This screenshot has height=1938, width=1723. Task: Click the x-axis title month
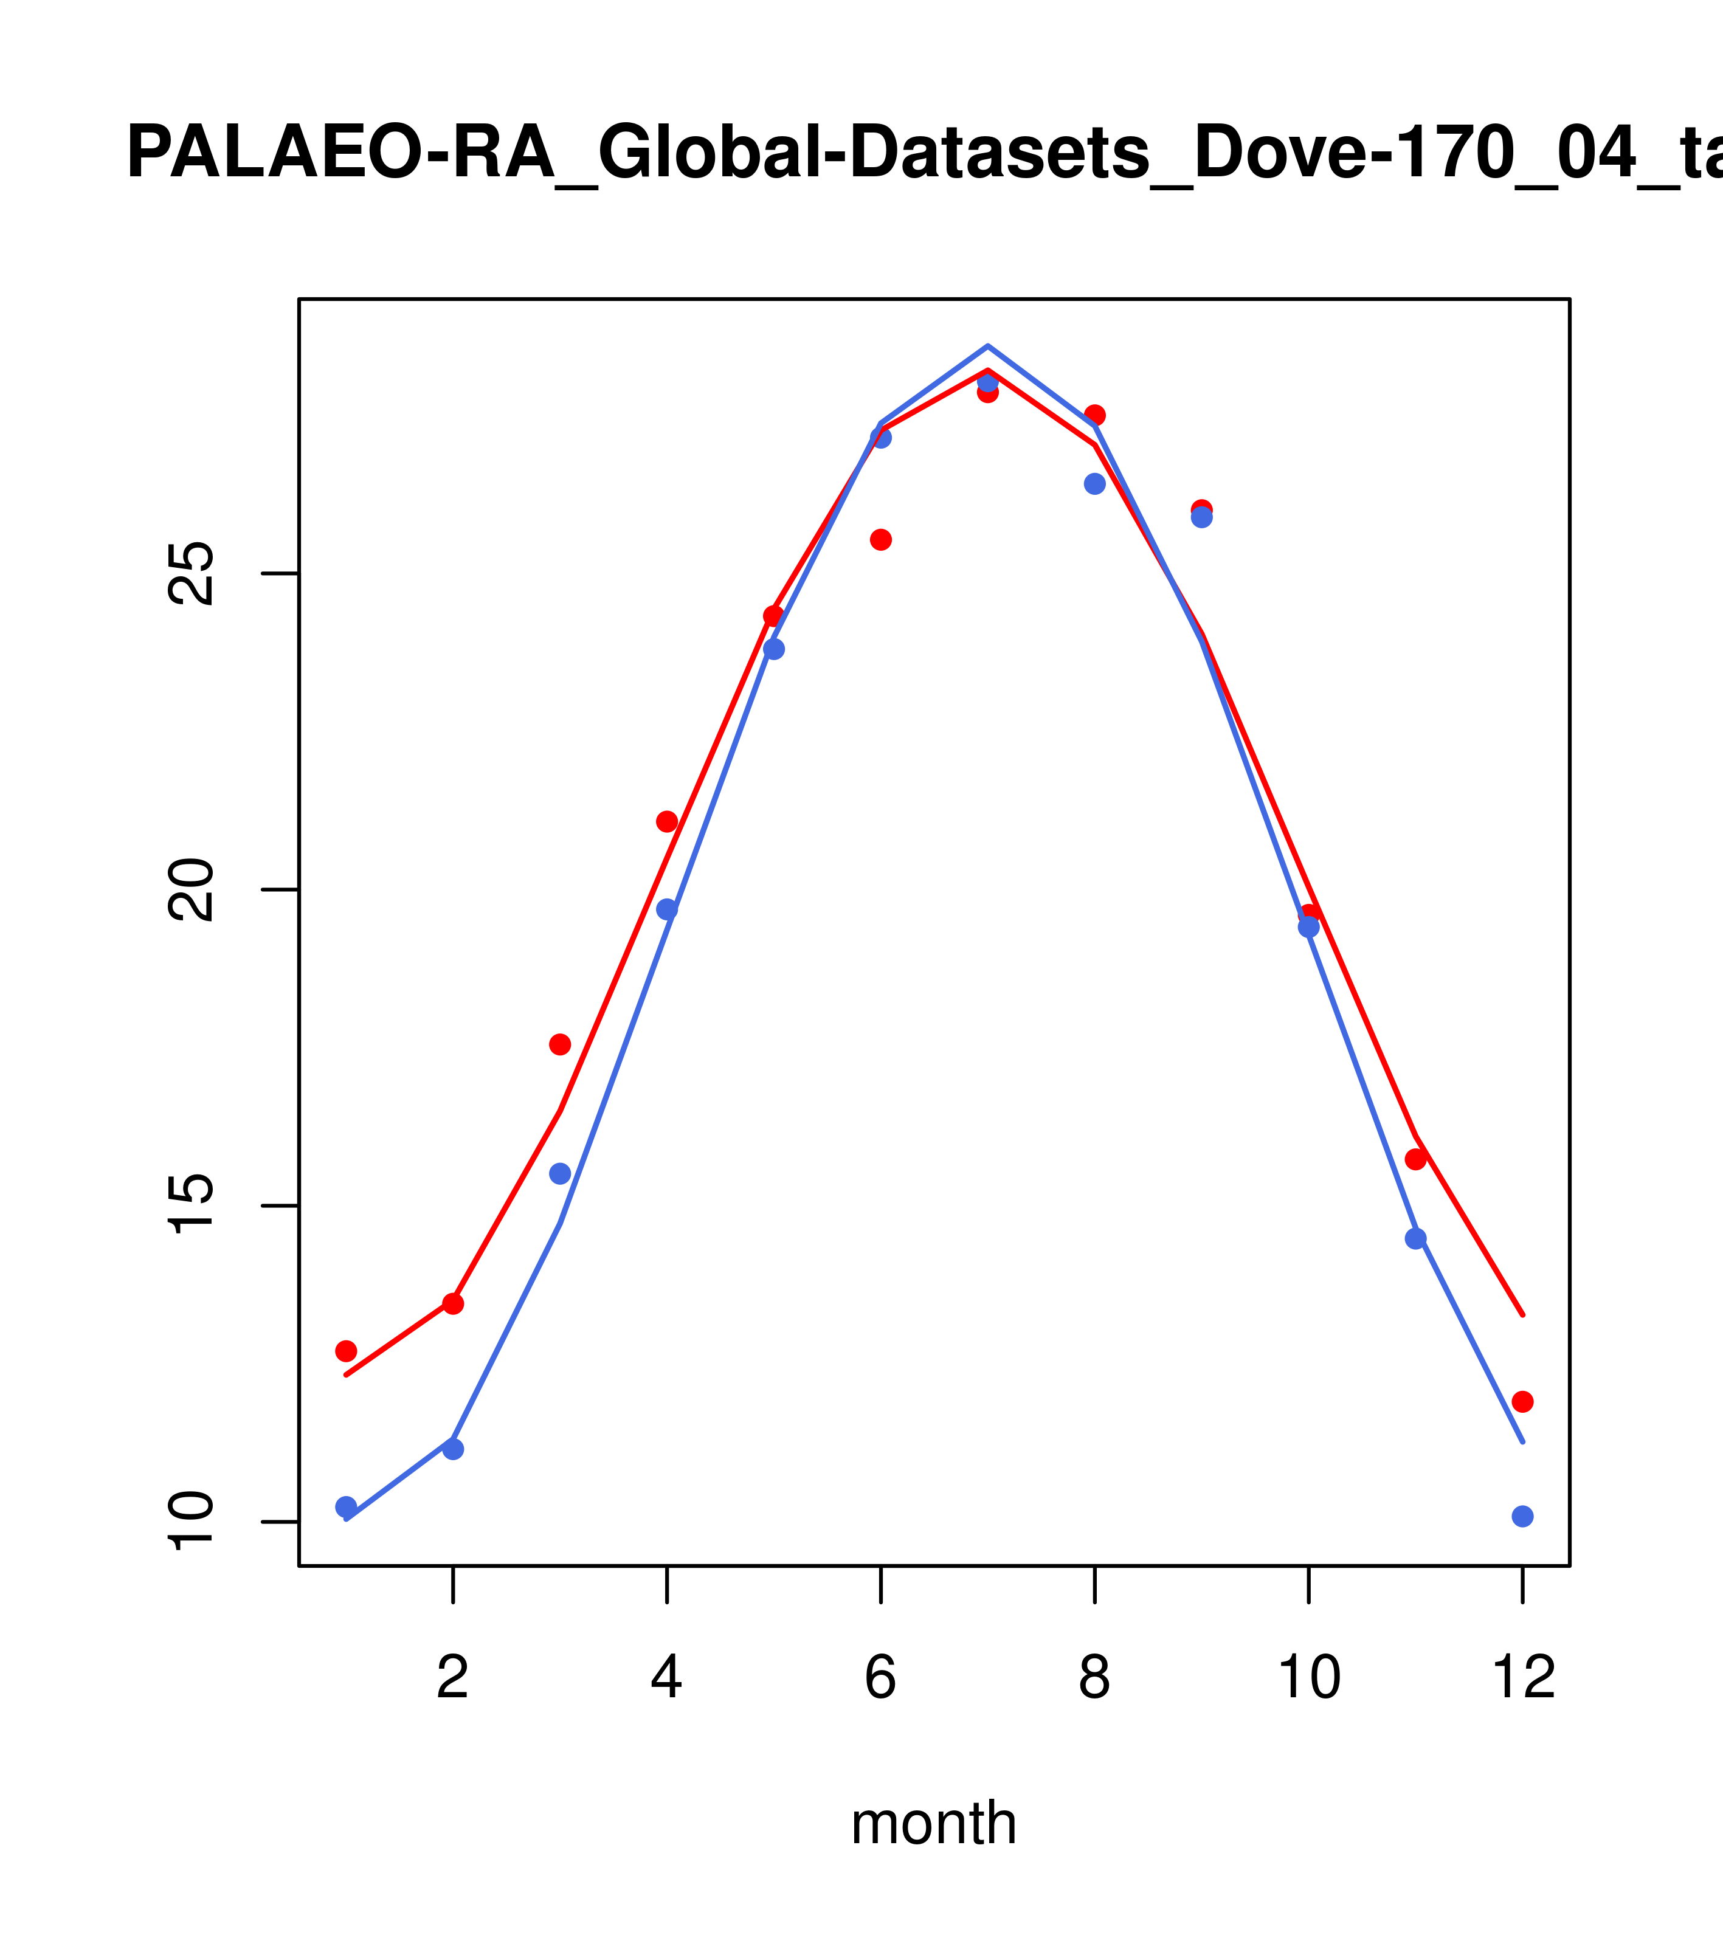click(x=934, y=1822)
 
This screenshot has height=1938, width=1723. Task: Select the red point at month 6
click(x=881, y=539)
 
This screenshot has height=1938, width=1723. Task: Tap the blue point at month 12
click(x=1523, y=1516)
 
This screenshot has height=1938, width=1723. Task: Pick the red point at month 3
click(x=561, y=1044)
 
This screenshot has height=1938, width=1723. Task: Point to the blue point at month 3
click(x=561, y=1174)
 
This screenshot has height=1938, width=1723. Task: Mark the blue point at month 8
click(x=1094, y=483)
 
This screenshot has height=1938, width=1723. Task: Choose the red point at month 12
click(x=1523, y=1401)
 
